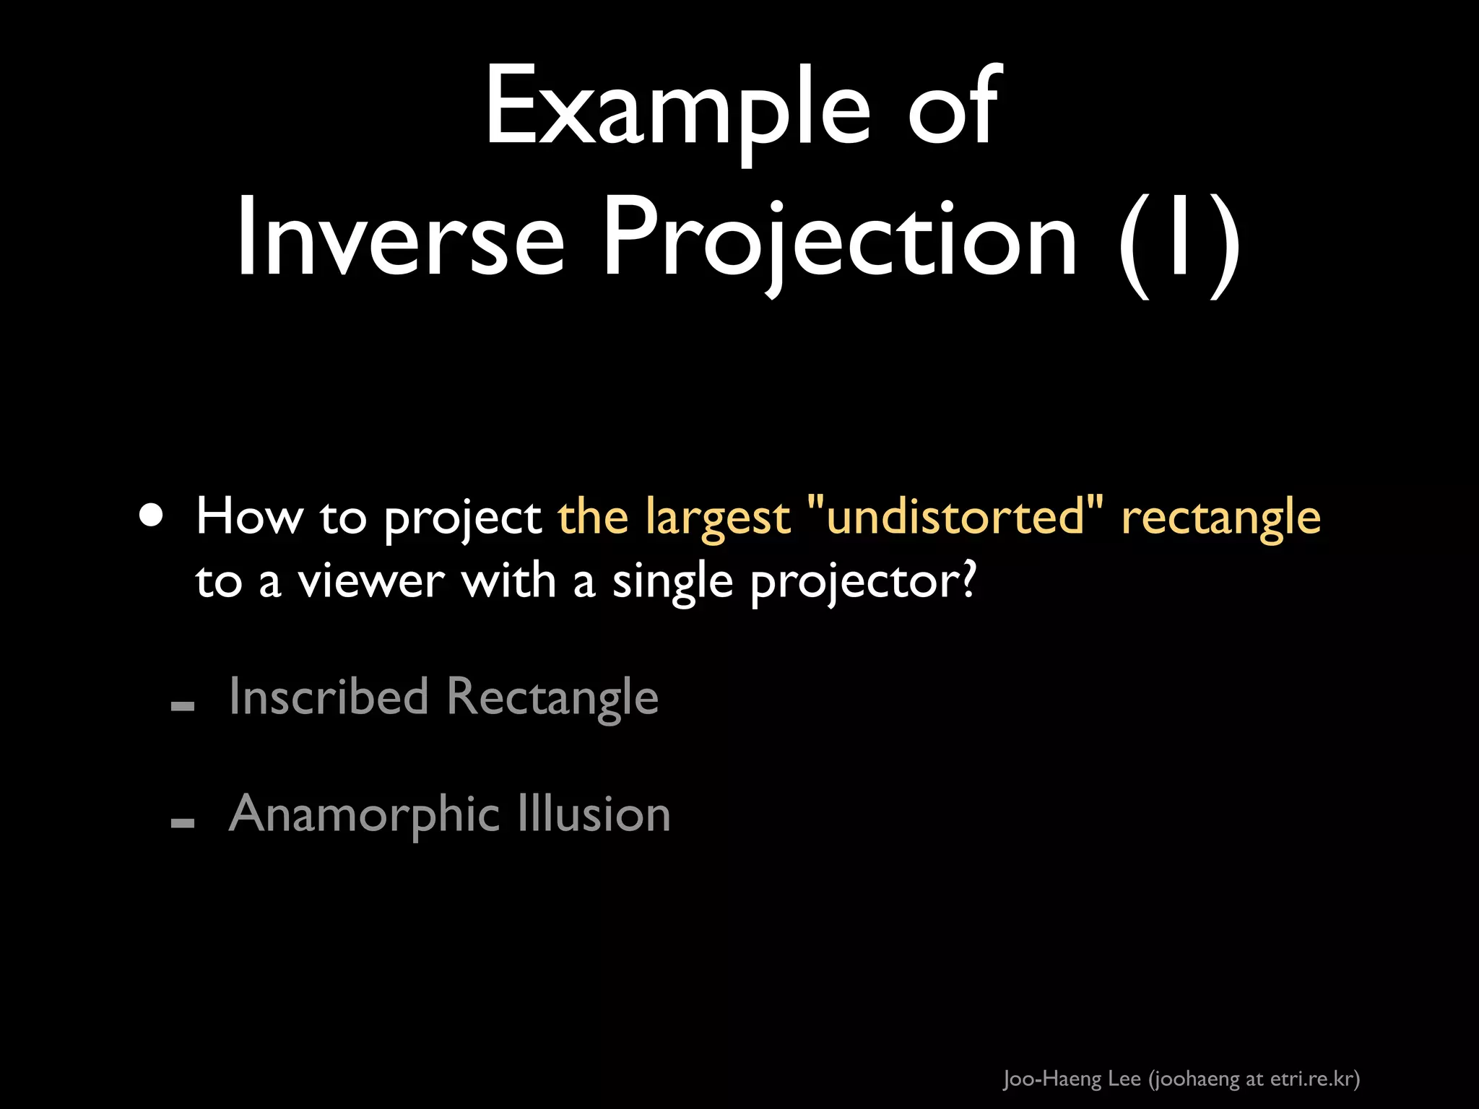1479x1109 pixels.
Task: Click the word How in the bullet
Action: (249, 517)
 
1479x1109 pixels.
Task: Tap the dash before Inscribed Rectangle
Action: (183, 705)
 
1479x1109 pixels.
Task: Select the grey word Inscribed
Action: (329, 697)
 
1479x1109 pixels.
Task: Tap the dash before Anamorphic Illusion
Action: (183, 822)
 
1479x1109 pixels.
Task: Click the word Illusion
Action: (594, 814)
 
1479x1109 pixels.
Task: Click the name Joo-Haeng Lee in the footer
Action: (1072, 1079)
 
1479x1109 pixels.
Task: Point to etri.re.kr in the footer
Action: (1311, 1079)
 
